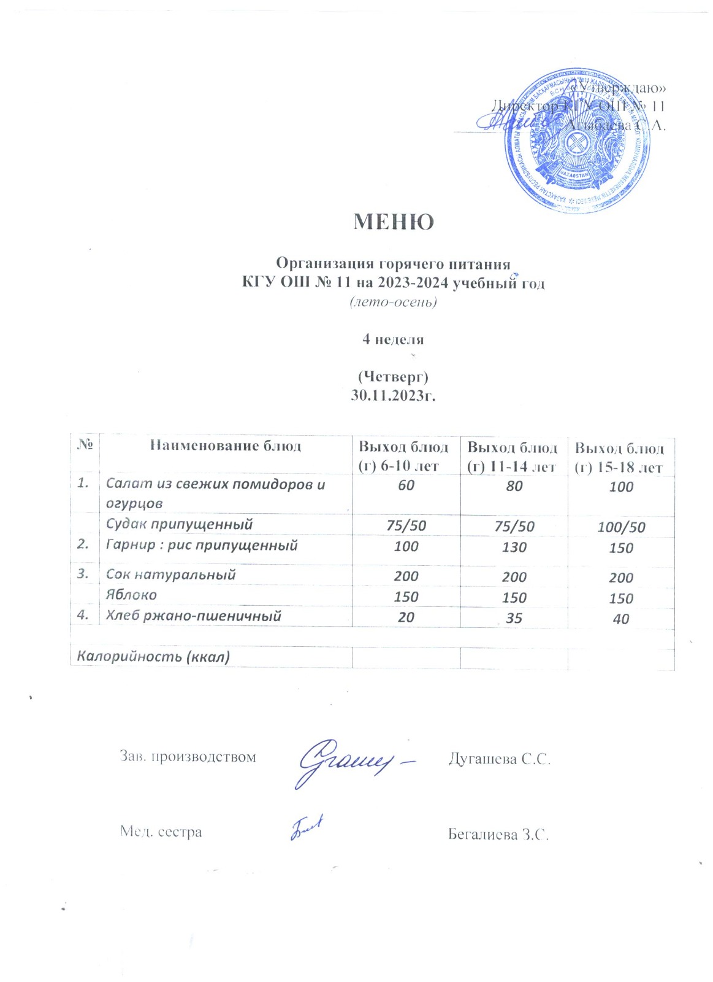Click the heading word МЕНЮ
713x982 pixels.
(394, 222)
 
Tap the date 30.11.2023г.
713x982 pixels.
(393, 395)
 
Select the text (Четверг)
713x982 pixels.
(393, 376)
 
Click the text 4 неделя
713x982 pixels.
(393, 339)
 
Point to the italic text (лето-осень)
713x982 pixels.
(393, 302)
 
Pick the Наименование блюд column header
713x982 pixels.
(226, 446)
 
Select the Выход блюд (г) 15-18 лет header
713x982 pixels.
(619, 458)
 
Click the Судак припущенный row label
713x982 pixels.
(179, 524)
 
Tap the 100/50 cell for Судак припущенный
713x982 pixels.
(621, 527)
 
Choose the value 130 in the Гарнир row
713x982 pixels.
(514, 547)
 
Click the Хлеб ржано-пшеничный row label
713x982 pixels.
(193, 616)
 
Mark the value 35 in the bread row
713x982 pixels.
(514, 618)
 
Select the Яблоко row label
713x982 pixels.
(131, 595)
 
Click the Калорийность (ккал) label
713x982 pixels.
(153, 656)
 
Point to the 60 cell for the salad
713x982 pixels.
(406, 485)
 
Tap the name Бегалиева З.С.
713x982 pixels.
(498, 835)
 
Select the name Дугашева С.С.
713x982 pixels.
(499, 759)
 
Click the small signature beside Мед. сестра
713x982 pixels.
(306, 829)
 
